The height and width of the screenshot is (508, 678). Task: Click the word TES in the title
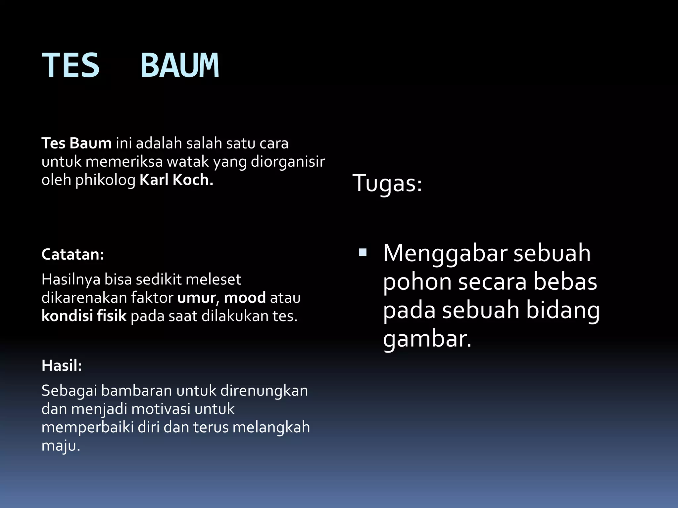[71, 65]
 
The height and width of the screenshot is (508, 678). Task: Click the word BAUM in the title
[180, 65]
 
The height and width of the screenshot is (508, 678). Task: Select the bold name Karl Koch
[176, 180]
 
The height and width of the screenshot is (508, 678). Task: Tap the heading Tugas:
[387, 183]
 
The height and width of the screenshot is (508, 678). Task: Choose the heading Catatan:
[73, 255]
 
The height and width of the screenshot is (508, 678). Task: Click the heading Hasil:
[62, 366]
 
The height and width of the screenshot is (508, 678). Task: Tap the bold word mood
[245, 298]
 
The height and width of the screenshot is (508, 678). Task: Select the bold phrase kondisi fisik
[84, 316]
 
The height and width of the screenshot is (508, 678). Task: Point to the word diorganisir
[288, 162]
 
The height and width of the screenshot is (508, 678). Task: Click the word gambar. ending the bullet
[427, 340]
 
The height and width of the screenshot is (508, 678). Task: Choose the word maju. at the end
[61, 446]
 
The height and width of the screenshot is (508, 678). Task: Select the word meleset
[213, 280]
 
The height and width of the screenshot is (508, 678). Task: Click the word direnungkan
[264, 391]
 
